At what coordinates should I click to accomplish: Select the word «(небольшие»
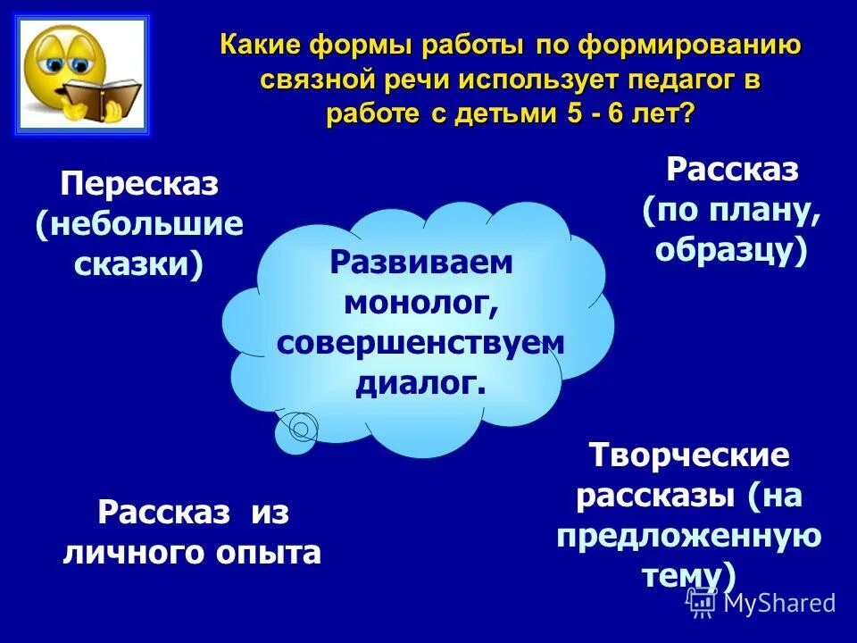(x=139, y=224)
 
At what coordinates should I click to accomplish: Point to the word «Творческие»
(x=689, y=455)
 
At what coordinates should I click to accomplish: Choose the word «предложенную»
(x=689, y=535)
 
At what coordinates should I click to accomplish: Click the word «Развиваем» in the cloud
(x=421, y=263)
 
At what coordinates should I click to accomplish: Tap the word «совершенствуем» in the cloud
(x=421, y=343)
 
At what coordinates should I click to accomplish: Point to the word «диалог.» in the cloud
(x=421, y=382)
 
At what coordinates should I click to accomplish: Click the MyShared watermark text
(x=779, y=603)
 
